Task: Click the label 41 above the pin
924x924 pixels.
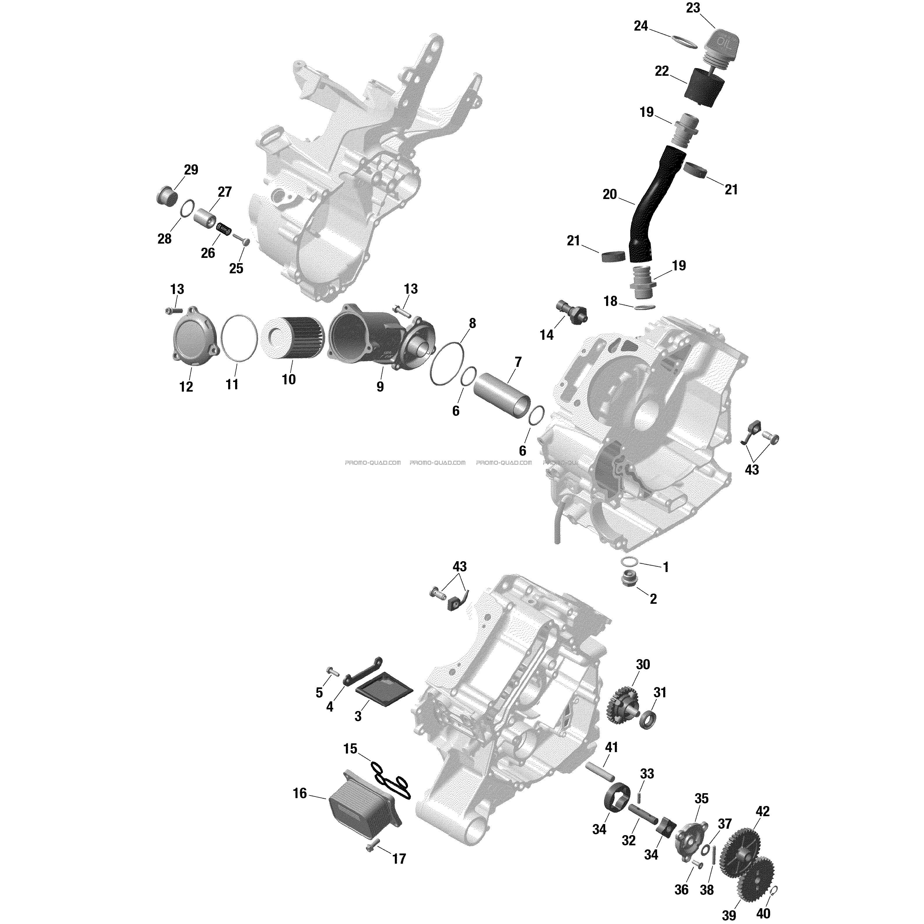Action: (x=612, y=747)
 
